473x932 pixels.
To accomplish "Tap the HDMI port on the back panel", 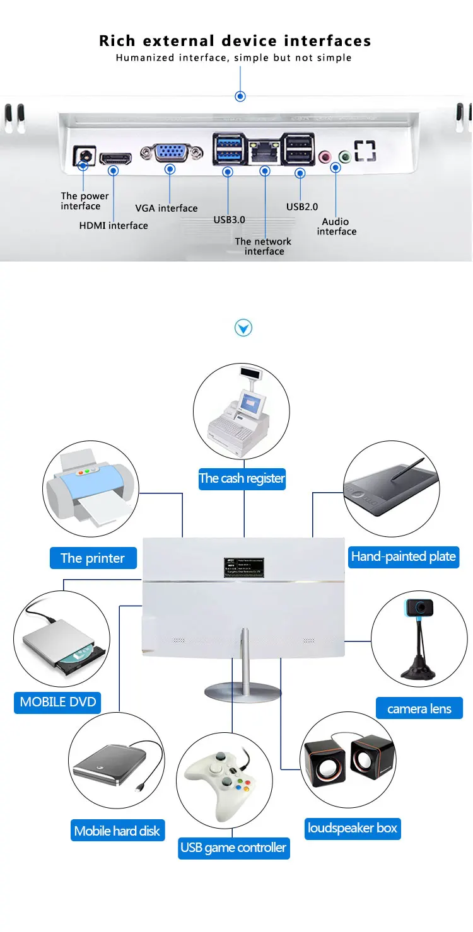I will [x=115, y=156].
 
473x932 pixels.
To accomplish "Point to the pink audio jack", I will [x=325, y=156].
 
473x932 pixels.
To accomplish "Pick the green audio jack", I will [x=344, y=156].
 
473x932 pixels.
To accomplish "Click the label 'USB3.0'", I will [x=229, y=219].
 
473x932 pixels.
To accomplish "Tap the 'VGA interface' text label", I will [x=166, y=208].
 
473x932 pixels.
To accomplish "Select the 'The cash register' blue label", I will [x=242, y=478].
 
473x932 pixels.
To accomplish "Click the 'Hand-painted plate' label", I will [x=404, y=556].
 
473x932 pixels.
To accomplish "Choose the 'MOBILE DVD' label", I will [x=58, y=702].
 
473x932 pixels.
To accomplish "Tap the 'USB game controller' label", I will [x=233, y=848].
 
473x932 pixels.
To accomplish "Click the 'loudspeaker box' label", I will [x=353, y=828].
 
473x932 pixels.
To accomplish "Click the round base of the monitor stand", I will [x=243, y=691].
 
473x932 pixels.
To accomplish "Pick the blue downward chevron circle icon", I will [x=243, y=328].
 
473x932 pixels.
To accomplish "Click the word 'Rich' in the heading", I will [x=117, y=42].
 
